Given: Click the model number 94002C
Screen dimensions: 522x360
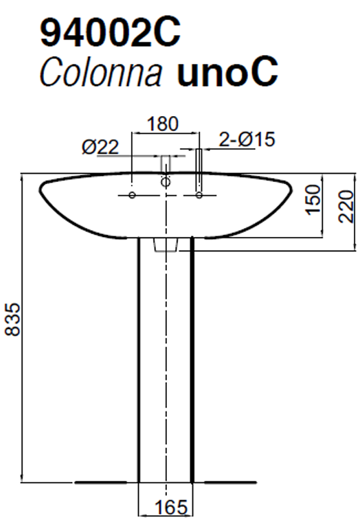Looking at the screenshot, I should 111,32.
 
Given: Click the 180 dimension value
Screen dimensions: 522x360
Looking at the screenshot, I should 164,124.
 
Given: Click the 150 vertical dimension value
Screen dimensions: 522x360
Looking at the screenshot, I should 313,199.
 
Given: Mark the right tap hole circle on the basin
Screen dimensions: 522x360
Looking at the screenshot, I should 199,196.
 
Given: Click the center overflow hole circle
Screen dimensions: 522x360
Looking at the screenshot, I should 165,183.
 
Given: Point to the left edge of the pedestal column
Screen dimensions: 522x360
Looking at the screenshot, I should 139,357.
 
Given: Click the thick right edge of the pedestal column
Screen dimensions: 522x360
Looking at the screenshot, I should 192,357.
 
